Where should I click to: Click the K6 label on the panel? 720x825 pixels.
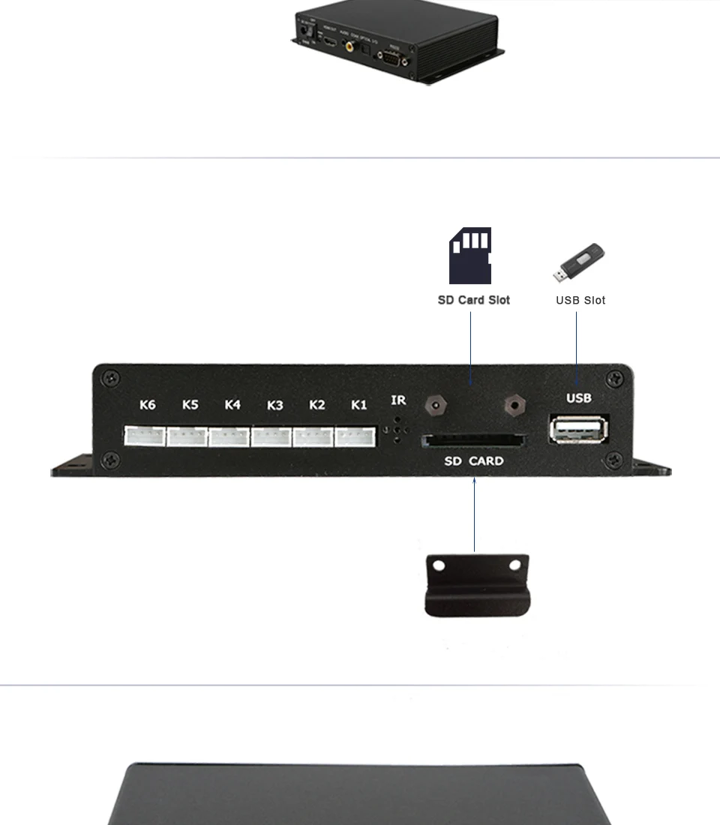[148, 405]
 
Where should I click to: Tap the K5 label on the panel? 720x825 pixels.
[190, 405]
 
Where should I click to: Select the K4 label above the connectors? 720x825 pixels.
[232, 405]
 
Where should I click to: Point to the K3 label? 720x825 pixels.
[275, 406]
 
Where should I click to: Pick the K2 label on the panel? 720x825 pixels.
[317, 405]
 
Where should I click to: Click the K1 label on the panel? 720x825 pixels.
[359, 405]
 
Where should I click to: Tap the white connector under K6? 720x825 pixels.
[145, 436]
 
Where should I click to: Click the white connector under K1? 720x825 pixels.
[355, 436]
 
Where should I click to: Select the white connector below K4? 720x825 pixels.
[229, 436]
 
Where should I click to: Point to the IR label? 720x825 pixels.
[398, 400]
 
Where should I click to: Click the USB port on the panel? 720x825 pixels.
[579, 429]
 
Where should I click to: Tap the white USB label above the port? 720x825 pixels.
[579, 398]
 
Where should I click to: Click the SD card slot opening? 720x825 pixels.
[473, 441]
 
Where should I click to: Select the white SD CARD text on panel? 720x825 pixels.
[473, 461]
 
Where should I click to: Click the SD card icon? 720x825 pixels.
[470, 256]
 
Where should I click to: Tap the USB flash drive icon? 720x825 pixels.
[579, 262]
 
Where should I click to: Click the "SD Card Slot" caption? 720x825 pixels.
[473, 300]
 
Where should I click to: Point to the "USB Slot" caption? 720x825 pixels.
[580, 300]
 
